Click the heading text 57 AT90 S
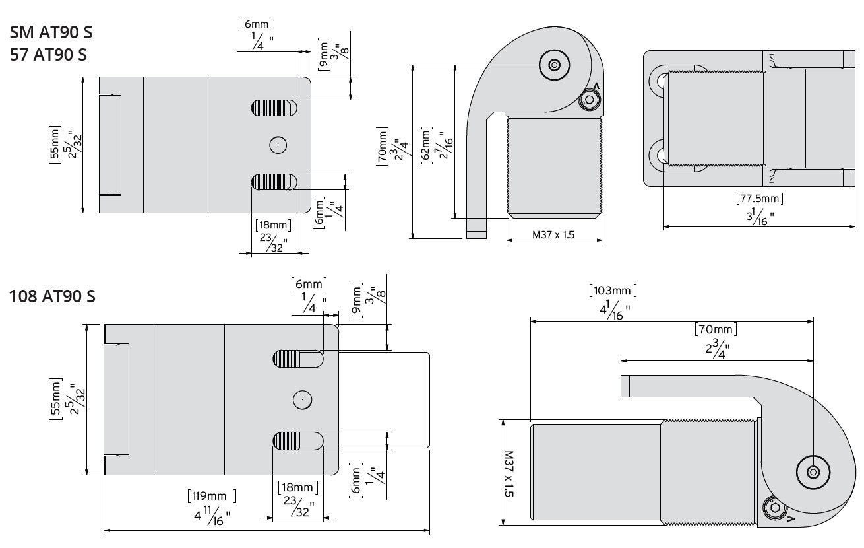(49, 54)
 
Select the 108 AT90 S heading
(53, 296)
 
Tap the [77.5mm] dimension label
(759, 198)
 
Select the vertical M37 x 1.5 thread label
(509, 473)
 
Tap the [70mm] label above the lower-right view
(716, 329)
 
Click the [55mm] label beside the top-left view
(55, 145)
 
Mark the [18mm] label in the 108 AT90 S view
(297, 488)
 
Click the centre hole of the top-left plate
(278, 144)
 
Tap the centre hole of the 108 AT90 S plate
(302, 399)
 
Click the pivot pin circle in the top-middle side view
(553, 65)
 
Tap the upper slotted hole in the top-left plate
(273, 107)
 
